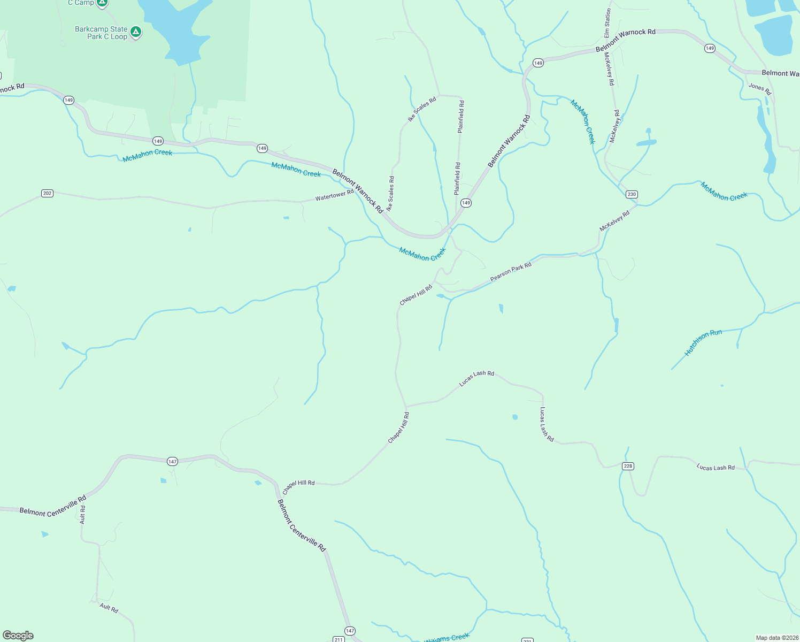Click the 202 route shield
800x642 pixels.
(x=47, y=193)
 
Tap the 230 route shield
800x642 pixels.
(x=632, y=194)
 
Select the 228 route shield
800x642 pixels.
(x=628, y=466)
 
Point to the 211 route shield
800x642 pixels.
(x=338, y=639)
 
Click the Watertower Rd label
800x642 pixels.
(x=334, y=195)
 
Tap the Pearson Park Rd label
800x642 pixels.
(x=511, y=272)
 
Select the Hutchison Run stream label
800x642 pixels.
(x=703, y=342)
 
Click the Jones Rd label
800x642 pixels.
(x=759, y=89)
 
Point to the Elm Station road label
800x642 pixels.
(x=607, y=23)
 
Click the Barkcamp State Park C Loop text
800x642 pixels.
(x=101, y=33)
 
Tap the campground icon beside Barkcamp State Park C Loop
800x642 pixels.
(x=136, y=32)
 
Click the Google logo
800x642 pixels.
(x=18, y=635)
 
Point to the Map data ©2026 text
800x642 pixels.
(x=777, y=638)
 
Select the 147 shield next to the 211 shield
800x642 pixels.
(x=350, y=631)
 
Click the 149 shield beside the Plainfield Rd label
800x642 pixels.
(x=466, y=203)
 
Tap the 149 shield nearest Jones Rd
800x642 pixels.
(x=710, y=48)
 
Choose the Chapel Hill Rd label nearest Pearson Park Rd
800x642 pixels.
(x=416, y=295)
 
